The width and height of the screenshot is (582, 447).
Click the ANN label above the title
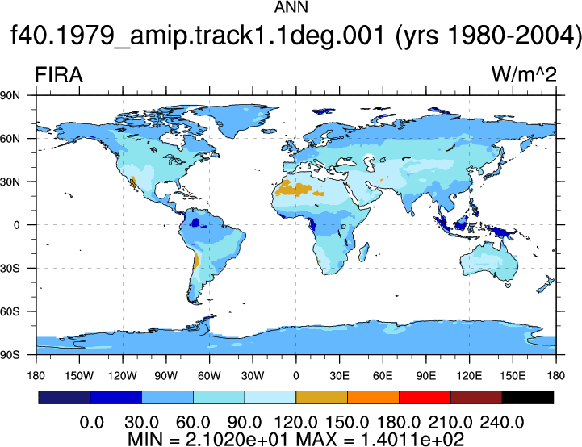coord(291,7)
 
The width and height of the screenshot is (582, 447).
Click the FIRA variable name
coord(59,75)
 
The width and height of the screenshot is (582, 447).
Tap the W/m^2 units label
coord(524,74)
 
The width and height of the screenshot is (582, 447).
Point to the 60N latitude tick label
coord(10,139)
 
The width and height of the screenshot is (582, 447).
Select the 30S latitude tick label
coord(10,268)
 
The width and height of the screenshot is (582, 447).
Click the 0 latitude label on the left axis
coord(16,225)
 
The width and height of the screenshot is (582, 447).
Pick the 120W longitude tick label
coord(123,376)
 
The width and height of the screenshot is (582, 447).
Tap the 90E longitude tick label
coord(425,376)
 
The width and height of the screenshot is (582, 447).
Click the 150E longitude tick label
coord(513,376)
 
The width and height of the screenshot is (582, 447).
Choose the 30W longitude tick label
coord(253,376)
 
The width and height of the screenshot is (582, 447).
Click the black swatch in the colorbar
coord(527,397)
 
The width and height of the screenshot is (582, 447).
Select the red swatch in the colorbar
coord(425,397)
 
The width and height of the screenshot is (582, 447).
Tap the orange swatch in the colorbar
coord(373,397)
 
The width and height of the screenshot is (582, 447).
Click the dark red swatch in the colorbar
coord(476,397)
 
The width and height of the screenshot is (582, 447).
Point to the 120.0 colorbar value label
coord(295,423)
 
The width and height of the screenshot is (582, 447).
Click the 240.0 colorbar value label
coord(502,423)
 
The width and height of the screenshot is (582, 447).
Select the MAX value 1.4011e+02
coord(412,440)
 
